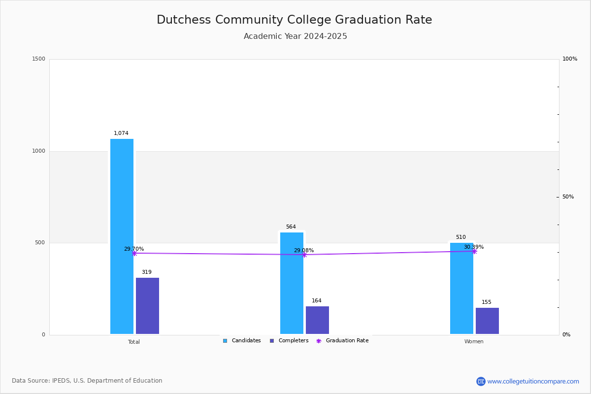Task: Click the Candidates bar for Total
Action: [122, 236]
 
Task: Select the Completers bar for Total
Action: [147, 306]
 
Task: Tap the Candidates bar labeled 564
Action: [292, 283]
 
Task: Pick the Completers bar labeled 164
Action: [317, 320]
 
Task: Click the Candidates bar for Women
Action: [461, 288]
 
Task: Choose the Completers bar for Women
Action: [487, 321]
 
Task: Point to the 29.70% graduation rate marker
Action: [134, 253]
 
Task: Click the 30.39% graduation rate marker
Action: [474, 251]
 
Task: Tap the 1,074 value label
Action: [121, 133]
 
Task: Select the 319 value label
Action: [147, 272]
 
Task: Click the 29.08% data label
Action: [304, 251]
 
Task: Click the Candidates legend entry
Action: [242, 341]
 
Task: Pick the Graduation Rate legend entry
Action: [343, 341]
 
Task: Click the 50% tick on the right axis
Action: [568, 197]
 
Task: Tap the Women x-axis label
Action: [474, 342]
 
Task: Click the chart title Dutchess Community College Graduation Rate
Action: [295, 20]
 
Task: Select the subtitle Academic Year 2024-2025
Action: [295, 36]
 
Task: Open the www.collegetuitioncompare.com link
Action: [533, 381]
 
